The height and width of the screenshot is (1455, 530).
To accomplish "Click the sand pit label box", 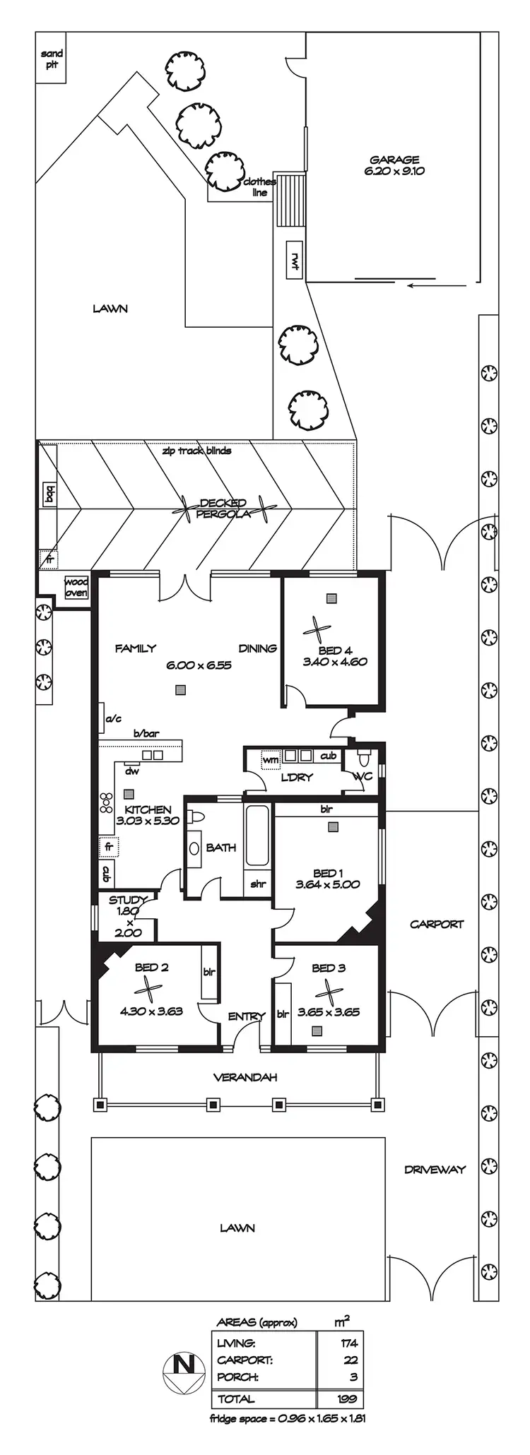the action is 52,59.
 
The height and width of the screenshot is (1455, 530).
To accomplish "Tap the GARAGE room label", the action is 394,160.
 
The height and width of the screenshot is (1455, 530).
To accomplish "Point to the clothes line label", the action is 259,187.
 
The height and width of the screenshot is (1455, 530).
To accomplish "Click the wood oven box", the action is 76,587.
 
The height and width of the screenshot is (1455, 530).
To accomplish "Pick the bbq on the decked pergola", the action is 49,494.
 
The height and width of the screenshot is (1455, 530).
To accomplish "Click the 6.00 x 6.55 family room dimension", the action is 199,665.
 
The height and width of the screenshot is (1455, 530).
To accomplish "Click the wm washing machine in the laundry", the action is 271,759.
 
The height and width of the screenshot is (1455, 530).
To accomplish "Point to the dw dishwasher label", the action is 132,771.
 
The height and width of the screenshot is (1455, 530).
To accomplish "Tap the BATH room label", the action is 221,847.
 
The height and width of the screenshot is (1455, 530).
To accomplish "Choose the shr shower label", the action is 257,884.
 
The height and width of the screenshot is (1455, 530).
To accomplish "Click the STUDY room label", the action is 127,900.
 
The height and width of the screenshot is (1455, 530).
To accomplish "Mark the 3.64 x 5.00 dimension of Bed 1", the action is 327,884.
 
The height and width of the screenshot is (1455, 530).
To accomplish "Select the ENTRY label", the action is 246,1016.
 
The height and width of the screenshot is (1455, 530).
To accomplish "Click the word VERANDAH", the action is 245,1077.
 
